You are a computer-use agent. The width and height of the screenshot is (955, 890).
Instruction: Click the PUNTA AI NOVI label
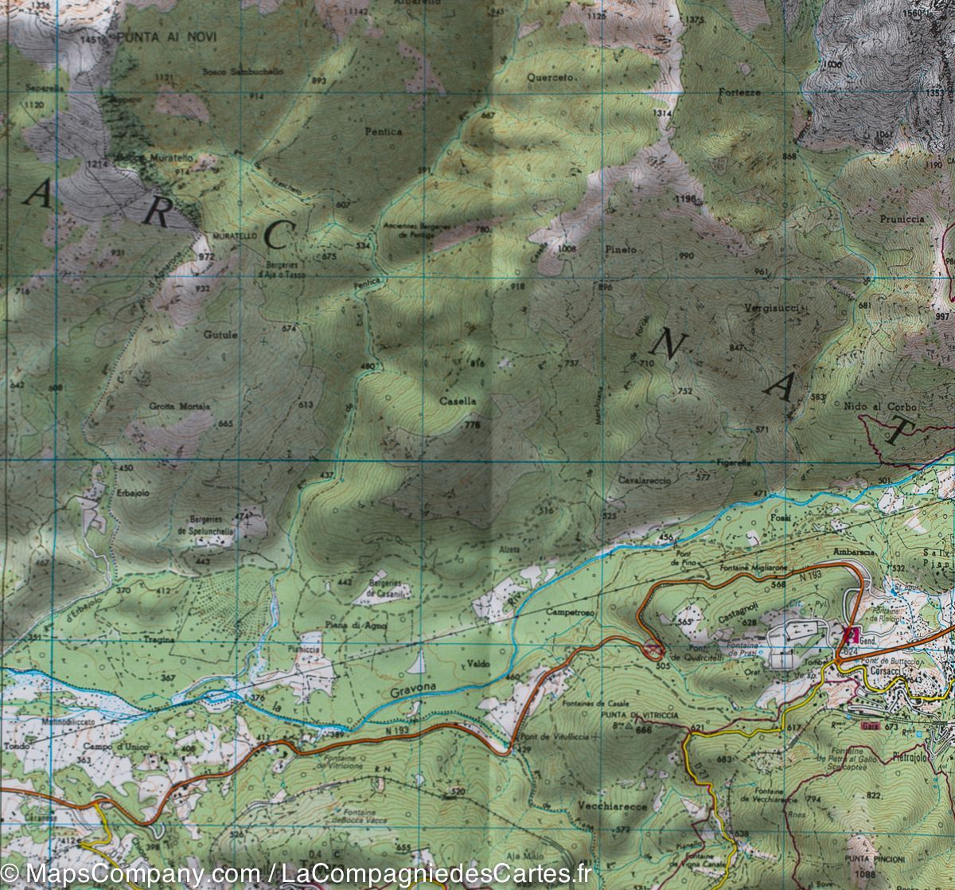(x=166, y=37)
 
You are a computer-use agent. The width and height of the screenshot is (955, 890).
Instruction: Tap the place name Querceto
(x=550, y=77)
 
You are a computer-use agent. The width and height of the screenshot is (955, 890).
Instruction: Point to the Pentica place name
(x=384, y=131)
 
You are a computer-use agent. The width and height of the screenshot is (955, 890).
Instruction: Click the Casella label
(x=458, y=402)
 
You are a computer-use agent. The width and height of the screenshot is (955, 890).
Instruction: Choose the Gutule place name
(x=220, y=335)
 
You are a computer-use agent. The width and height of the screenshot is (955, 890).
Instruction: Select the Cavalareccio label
(x=644, y=482)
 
